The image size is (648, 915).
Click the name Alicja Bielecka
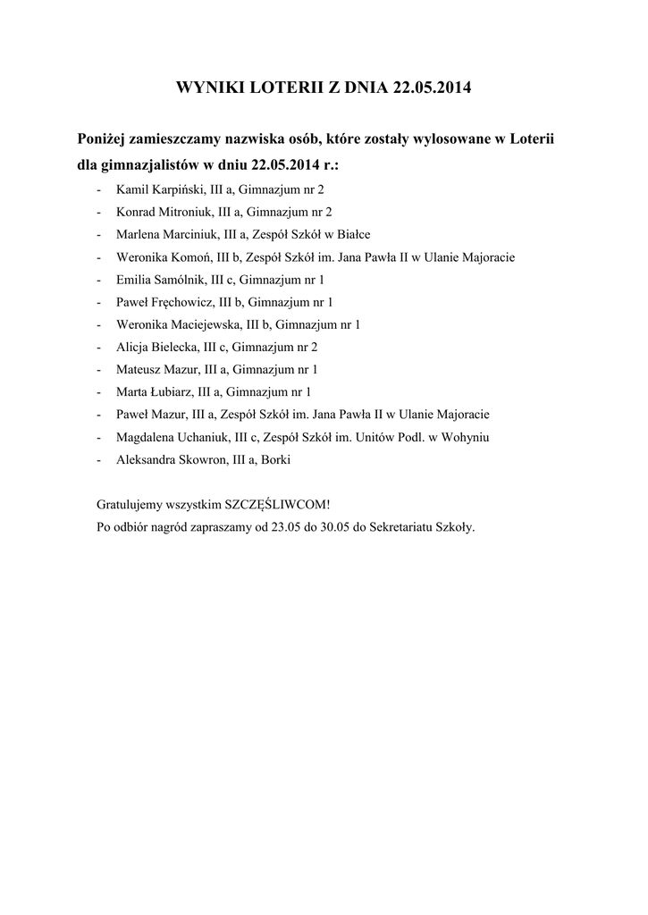point(159,347)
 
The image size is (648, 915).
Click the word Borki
point(275,459)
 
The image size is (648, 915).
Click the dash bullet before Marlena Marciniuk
point(97,234)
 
